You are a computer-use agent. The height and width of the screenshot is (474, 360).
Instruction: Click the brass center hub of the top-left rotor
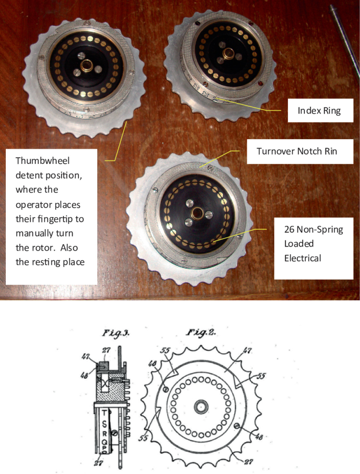pyautogui.click(x=87, y=66)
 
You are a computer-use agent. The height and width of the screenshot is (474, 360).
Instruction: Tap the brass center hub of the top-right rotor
pyautogui.click(x=229, y=54)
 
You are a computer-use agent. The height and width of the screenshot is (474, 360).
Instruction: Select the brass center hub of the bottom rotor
pyautogui.click(x=198, y=212)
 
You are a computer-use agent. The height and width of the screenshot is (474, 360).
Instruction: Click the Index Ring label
pyautogui.click(x=319, y=111)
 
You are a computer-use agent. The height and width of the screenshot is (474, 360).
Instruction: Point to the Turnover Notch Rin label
pyautogui.click(x=297, y=151)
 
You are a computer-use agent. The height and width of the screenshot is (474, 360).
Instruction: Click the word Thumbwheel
pyautogui.click(x=43, y=160)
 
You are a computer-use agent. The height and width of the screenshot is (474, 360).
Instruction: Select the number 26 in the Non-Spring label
pyautogui.click(x=289, y=230)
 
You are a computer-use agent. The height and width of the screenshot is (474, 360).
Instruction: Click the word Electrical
pyautogui.click(x=303, y=258)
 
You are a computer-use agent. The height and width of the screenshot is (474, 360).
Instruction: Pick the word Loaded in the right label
pyautogui.click(x=299, y=244)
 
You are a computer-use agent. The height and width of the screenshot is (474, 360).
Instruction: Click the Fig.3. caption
pyautogui.click(x=116, y=334)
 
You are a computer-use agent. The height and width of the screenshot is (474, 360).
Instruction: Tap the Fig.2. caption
pyautogui.click(x=201, y=333)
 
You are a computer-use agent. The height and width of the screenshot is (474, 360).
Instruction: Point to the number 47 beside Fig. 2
pyautogui.click(x=246, y=351)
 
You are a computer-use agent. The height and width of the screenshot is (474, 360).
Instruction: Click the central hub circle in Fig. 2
pyautogui.click(x=200, y=407)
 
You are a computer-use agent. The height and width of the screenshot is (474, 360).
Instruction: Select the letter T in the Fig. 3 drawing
pyautogui.click(x=104, y=413)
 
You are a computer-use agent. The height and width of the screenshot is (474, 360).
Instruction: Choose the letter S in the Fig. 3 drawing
pyautogui.click(x=104, y=425)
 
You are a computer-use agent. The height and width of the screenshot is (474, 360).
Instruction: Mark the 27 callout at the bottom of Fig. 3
pyautogui.click(x=98, y=463)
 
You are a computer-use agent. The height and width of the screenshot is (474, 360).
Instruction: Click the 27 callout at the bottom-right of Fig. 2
pyautogui.click(x=249, y=461)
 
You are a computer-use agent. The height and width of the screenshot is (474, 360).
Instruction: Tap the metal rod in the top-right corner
pyautogui.click(x=346, y=39)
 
